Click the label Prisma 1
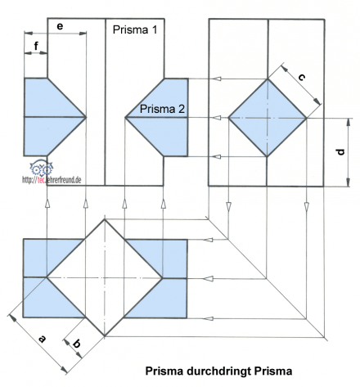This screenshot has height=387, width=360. click(x=135, y=29)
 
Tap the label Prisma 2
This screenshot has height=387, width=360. click(x=162, y=109)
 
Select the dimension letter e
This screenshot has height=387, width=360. click(x=60, y=26)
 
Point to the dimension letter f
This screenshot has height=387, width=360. click(x=36, y=46)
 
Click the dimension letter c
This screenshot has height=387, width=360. click(x=301, y=78)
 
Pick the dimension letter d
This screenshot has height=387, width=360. click(x=340, y=151)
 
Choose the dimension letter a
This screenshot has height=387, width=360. click(x=42, y=339)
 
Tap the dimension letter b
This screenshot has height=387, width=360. click(x=76, y=344)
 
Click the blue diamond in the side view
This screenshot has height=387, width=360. click(x=268, y=118)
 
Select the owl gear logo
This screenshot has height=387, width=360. click(x=41, y=168)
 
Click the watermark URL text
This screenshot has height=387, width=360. click(x=52, y=180)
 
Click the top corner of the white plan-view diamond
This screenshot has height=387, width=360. click(x=105, y=219)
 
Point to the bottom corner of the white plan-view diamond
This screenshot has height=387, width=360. click(x=105, y=335)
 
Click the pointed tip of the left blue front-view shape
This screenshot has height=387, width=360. click(x=86, y=117)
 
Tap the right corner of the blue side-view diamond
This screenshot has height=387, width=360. click(x=307, y=118)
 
